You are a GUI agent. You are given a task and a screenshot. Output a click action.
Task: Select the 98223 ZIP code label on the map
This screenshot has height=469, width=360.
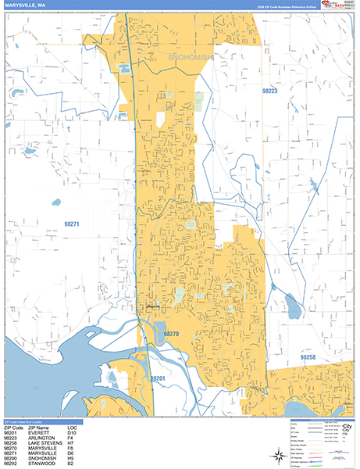pos(269,91)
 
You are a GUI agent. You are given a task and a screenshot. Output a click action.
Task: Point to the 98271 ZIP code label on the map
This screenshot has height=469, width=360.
pos(71,224)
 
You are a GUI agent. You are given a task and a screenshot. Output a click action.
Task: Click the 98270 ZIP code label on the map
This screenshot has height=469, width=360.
pos(172,333)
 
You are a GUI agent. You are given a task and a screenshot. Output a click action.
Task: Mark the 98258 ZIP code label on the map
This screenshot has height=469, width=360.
pos(309,356)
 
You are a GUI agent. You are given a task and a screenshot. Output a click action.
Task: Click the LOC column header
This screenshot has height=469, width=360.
pos(72,426)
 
